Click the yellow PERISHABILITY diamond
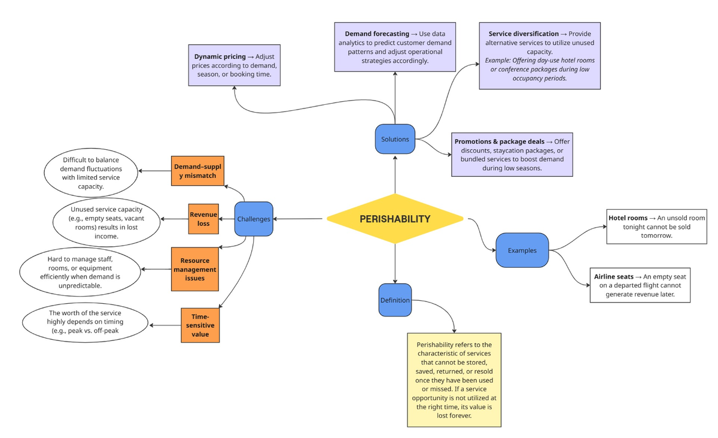395,219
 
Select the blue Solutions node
395,139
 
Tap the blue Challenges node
254,219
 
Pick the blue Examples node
522,250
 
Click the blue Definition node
395,300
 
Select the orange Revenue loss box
203,219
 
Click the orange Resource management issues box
194,269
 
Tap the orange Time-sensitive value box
200,325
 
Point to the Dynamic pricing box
234,65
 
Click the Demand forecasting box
395,47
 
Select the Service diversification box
540,56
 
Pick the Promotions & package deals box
512,155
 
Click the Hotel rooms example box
656,226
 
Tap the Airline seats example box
640,285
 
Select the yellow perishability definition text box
454,380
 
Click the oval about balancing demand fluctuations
91,173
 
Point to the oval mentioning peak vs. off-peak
86,323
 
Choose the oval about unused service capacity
106,222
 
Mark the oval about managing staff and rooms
80,273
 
